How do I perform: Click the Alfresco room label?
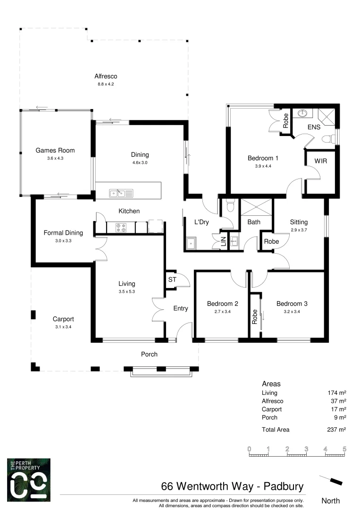[x=105, y=76]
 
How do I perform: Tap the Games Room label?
[x=55, y=151]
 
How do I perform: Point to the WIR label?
[x=321, y=161]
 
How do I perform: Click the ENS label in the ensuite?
[x=314, y=127]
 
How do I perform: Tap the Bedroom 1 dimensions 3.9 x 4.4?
[x=263, y=166]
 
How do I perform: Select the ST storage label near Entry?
[x=172, y=280]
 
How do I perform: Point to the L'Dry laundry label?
[x=202, y=222]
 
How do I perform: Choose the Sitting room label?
[x=299, y=222]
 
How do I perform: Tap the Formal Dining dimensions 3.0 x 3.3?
[x=63, y=240]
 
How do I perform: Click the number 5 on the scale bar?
[x=344, y=449]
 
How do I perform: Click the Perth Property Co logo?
[x=29, y=479]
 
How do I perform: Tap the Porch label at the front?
[x=149, y=354]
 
